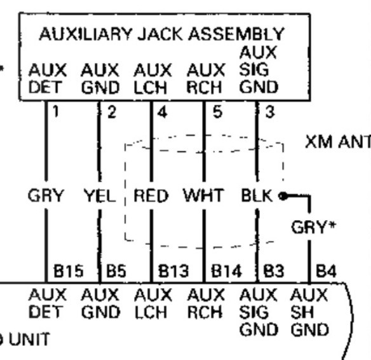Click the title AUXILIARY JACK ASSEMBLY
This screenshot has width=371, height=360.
pos(162,34)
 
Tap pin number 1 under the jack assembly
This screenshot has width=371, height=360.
pos(56,111)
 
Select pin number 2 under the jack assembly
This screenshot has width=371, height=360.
pos(112,112)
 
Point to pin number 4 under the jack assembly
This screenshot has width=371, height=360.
pos(163,112)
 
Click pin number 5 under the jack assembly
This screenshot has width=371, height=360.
pos(218,112)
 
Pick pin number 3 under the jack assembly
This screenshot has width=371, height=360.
pos(270,112)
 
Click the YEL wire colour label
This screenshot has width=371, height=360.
pos(100,196)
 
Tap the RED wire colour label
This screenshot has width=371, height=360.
pos(151,196)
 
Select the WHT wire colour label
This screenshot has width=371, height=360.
pos(203,196)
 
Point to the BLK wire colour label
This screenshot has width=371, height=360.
pos(257,196)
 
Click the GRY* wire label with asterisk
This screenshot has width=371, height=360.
pos(313,227)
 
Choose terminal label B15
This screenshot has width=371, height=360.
pos(69,271)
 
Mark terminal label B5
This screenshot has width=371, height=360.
pos(116,271)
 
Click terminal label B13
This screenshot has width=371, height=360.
pos(173,271)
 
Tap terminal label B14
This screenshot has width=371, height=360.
pos(226,271)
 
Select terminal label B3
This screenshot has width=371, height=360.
pos(274,271)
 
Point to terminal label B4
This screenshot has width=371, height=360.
pos(326,271)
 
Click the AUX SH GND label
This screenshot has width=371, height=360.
pos(309,312)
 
